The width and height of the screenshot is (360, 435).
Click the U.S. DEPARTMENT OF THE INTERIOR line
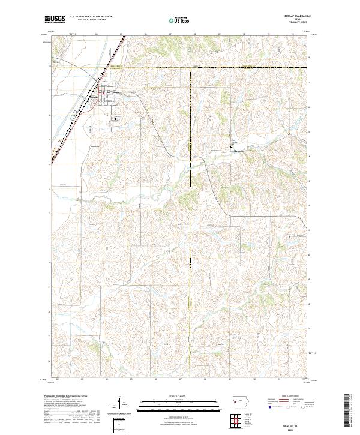point(91,17)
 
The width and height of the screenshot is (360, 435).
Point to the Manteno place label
point(239,151)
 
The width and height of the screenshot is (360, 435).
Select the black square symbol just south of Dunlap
point(116,119)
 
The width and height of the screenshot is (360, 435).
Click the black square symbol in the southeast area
point(290,236)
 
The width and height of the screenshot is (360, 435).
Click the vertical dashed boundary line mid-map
point(191,240)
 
